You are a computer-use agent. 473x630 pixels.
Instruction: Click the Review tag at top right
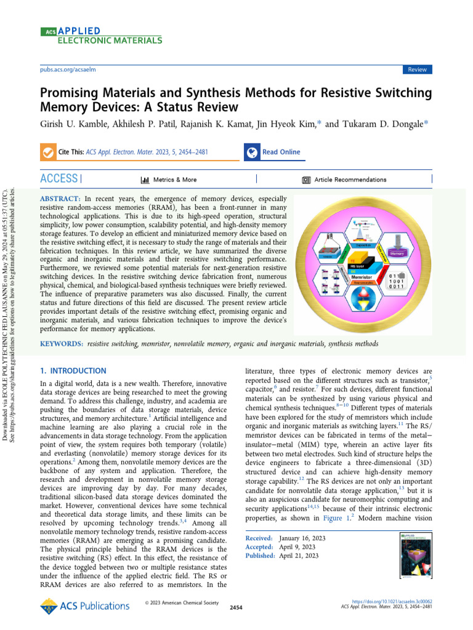coord(417,70)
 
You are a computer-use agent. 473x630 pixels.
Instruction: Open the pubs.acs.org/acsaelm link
coord(67,70)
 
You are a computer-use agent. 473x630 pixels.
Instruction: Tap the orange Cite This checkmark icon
coord(47,153)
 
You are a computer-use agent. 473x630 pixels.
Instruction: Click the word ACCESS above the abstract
coord(59,179)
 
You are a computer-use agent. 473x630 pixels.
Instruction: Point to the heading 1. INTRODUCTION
coord(73,371)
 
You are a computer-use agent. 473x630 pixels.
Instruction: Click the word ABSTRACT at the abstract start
coord(60,199)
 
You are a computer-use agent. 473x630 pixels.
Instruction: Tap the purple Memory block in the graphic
coord(397,253)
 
